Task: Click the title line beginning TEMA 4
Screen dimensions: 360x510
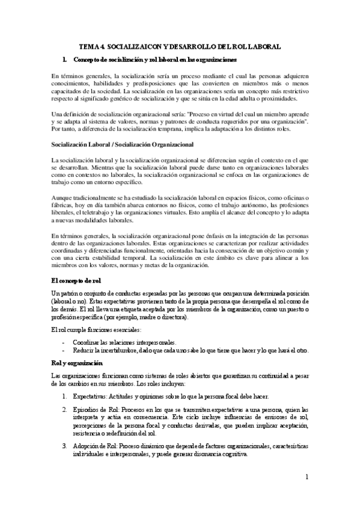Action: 180,46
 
